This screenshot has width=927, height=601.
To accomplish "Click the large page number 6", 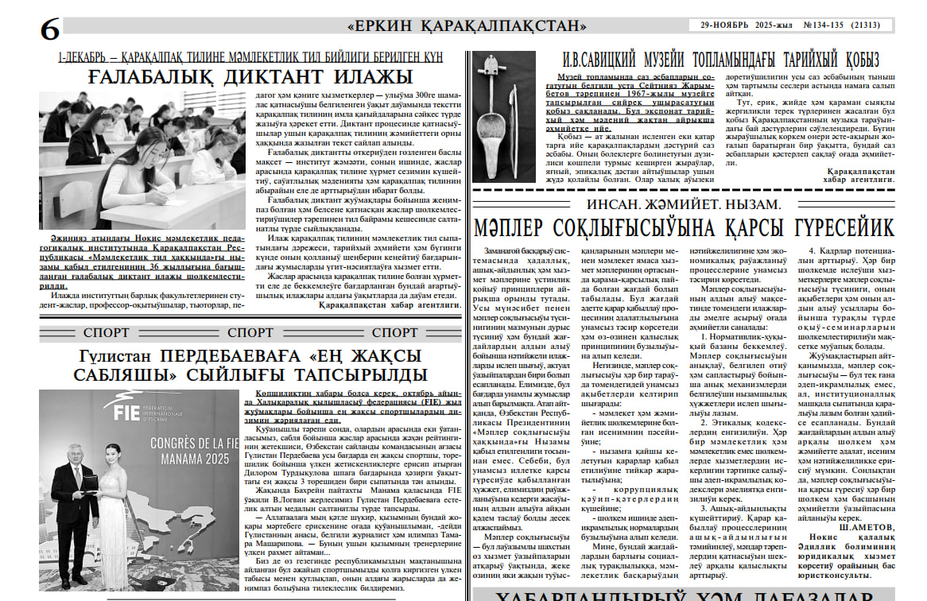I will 49,29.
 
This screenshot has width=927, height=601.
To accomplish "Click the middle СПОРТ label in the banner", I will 250,333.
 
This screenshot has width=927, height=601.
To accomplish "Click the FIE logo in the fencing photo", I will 127,409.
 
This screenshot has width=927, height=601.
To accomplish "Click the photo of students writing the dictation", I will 143,159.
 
